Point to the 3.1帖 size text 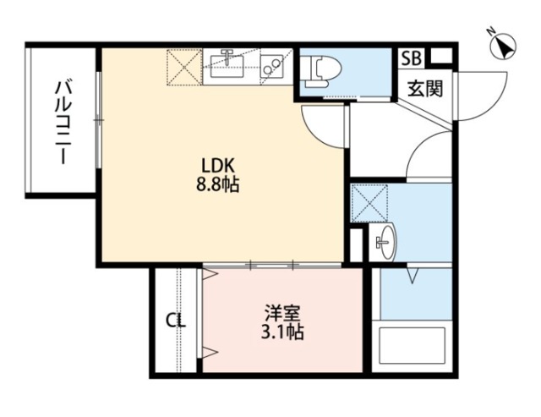tap(281, 332)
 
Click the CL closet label tap(175, 321)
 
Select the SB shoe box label tap(411, 58)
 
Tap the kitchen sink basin tap(227, 64)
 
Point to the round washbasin tap(383, 243)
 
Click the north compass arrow tap(505, 49)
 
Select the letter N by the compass tap(491, 31)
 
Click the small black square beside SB tap(440, 58)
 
